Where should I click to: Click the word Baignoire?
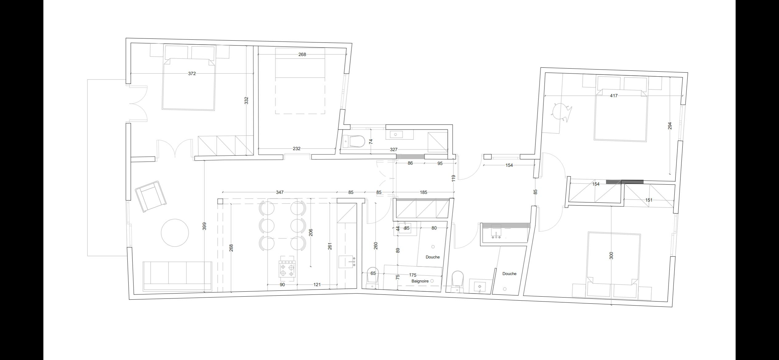(420, 281)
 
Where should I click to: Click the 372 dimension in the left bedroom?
(192, 74)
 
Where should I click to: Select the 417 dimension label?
(613, 96)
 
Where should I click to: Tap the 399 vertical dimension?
(204, 226)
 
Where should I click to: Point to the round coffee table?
(175, 233)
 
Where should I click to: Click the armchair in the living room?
(151, 196)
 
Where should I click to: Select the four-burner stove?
(287, 269)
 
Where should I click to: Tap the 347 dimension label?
(279, 192)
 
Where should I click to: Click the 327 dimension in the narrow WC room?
(393, 150)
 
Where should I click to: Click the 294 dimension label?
(670, 126)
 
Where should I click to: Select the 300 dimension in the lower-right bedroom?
(611, 255)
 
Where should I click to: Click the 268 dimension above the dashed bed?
(302, 54)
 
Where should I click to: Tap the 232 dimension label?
(296, 149)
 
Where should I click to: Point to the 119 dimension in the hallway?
(453, 178)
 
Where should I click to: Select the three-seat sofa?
(178, 276)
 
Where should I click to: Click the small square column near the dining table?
(220, 201)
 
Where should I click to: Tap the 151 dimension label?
(649, 200)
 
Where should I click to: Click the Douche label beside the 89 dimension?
(433, 257)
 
